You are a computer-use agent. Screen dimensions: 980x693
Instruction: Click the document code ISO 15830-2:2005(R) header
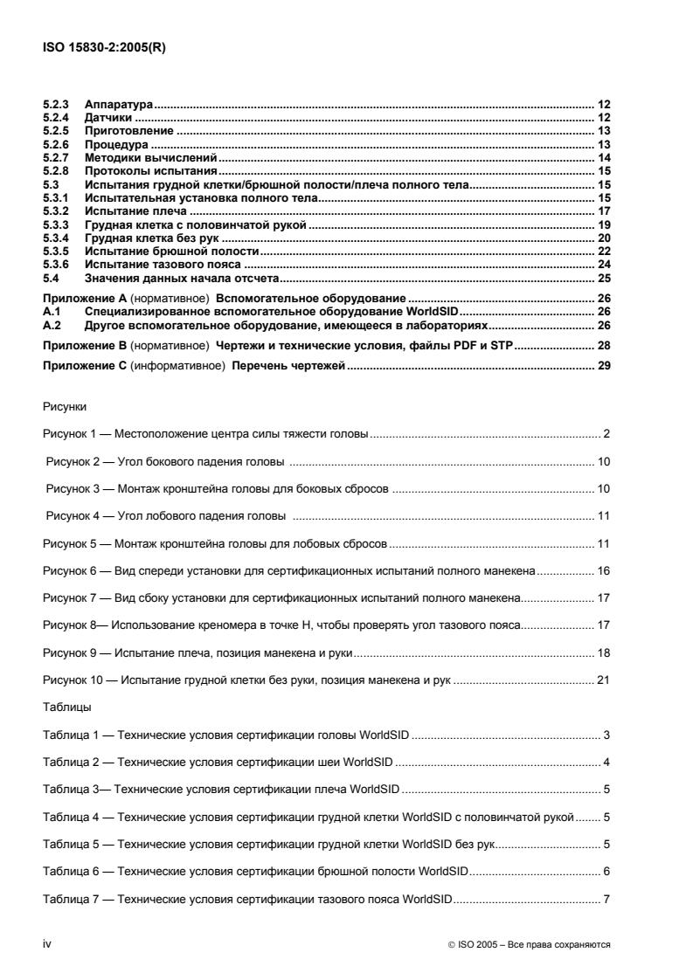[x=104, y=48]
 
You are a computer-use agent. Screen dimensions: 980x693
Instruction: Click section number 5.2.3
[x=56, y=104]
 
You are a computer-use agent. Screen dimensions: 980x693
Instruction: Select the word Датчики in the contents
[x=107, y=117]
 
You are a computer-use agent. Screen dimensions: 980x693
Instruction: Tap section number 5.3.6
[x=56, y=264]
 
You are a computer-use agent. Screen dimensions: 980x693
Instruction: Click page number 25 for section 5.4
[x=603, y=277]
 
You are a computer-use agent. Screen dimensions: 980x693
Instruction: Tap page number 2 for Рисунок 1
[x=606, y=433]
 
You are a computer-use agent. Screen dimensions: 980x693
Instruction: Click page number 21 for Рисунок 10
[x=603, y=680]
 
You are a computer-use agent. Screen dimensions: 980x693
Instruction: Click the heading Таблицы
[x=66, y=706]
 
